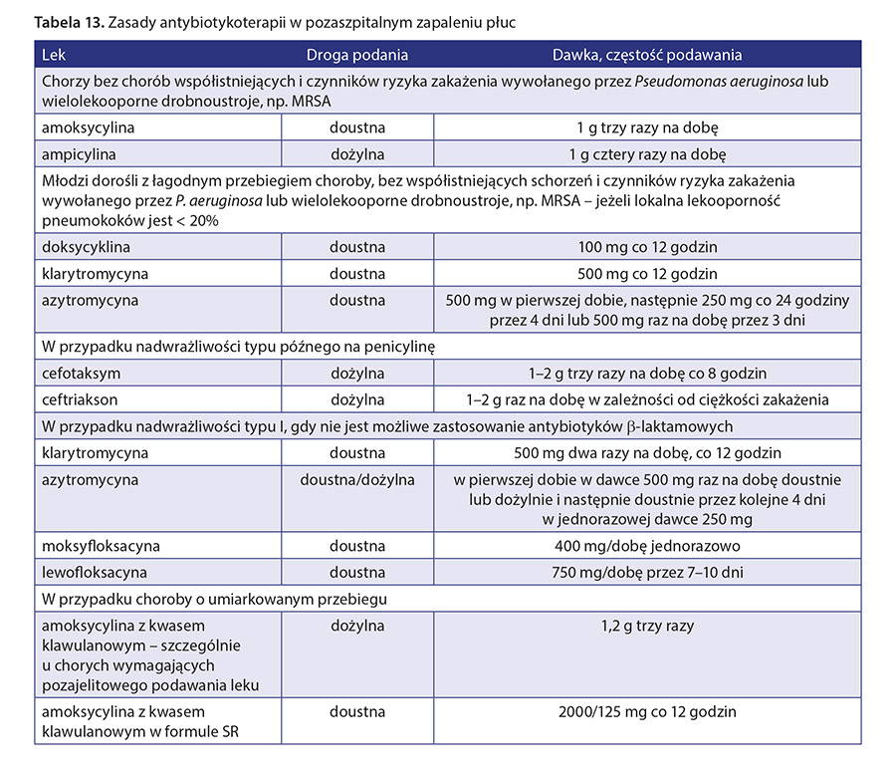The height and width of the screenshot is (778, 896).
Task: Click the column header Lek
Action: [x=55, y=56]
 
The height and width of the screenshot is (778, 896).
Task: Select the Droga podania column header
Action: [x=356, y=56]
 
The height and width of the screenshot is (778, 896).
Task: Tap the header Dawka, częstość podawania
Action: [x=647, y=56]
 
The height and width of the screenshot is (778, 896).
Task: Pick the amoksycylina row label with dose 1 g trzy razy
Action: [x=89, y=129]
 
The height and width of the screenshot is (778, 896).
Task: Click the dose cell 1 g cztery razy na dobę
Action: [x=647, y=154]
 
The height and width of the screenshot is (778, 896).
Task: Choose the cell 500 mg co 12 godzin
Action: [x=647, y=273]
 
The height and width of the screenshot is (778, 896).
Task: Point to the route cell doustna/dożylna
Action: [x=357, y=480]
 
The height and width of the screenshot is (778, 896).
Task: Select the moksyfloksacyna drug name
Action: [x=101, y=546]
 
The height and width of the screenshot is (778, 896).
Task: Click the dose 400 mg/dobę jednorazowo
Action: [x=647, y=546]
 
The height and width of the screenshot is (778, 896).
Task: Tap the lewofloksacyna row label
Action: [x=95, y=572]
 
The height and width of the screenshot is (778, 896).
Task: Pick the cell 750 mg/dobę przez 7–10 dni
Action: [x=647, y=572]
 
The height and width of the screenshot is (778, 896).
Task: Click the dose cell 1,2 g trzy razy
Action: [x=647, y=626]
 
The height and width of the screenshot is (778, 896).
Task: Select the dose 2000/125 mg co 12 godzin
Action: [x=647, y=711]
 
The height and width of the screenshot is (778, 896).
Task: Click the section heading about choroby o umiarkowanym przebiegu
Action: [x=214, y=599]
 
